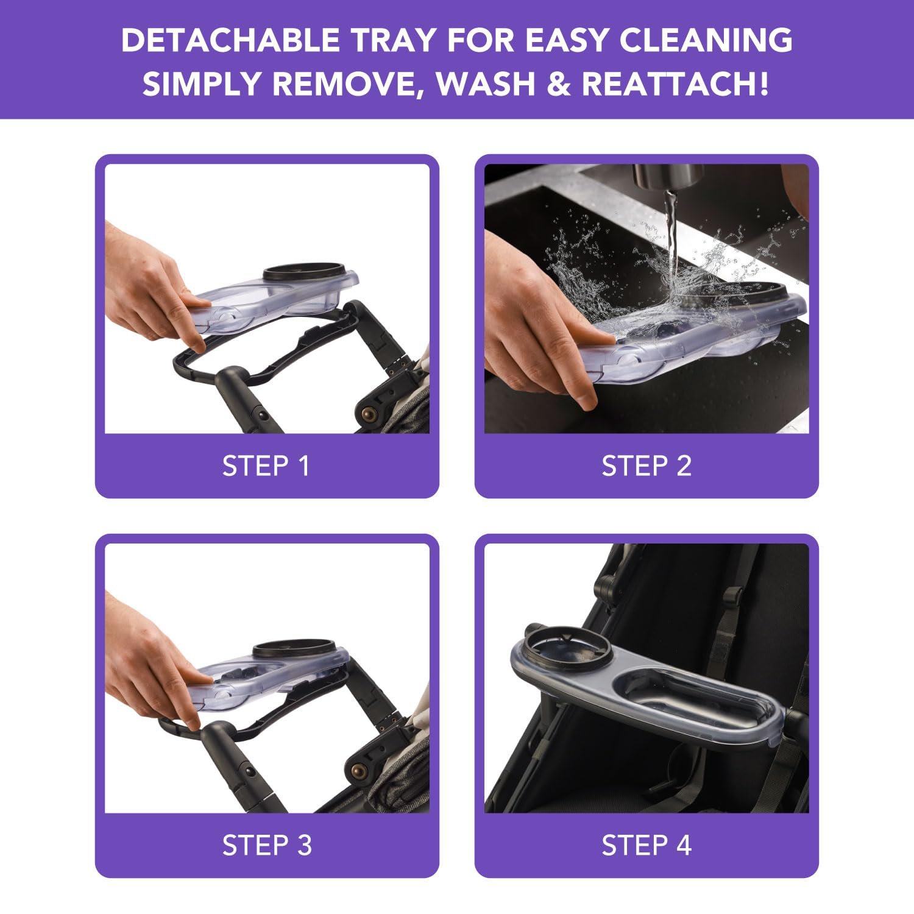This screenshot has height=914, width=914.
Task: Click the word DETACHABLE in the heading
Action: tap(231, 40)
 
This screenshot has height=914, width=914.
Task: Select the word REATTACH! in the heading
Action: tap(675, 83)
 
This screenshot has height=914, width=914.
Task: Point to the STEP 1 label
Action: tap(266, 466)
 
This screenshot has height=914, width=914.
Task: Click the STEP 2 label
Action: tap(647, 466)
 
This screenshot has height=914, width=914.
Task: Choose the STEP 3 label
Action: tap(267, 846)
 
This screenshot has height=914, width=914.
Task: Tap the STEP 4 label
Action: tap(647, 846)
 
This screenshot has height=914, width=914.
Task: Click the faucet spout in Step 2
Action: tap(668, 177)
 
